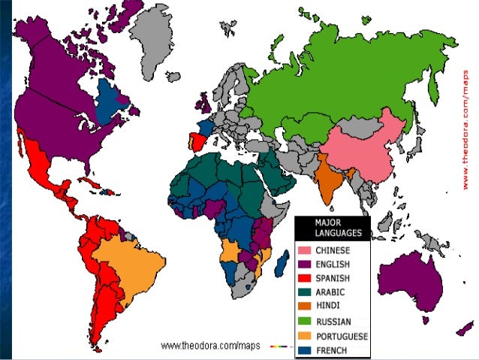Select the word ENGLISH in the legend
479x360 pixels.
(x=331, y=264)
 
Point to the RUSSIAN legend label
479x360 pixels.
(x=331, y=322)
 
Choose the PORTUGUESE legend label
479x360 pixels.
(x=341, y=336)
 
